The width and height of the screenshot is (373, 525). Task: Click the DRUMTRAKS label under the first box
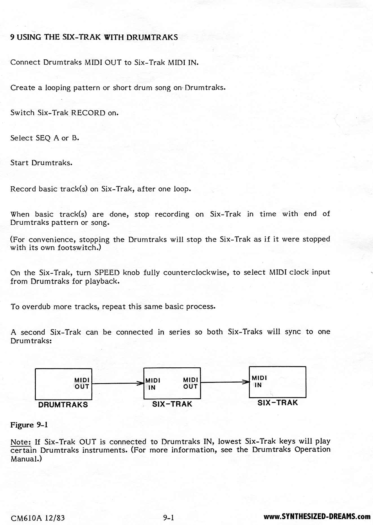click(63, 405)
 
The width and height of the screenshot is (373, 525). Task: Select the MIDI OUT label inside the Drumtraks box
click(82, 383)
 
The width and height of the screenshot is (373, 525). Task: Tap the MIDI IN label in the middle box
click(153, 384)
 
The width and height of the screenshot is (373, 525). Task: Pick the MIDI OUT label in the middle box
click(191, 383)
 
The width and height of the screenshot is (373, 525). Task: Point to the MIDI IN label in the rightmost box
click(259, 381)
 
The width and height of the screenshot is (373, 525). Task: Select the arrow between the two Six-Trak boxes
click(225, 382)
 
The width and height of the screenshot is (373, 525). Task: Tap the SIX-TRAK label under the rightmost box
click(277, 403)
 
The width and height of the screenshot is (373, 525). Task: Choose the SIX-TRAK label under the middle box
click(172, 404)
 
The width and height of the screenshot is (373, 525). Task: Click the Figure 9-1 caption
click(29, 425)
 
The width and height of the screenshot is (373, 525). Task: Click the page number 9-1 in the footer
click(168, 517)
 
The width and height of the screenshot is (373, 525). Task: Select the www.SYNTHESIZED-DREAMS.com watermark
click(317, 517)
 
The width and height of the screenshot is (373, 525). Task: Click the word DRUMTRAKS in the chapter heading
click(152, 37)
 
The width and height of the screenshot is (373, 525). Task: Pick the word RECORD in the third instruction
click(88, 113)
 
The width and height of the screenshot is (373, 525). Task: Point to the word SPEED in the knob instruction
click(107, 272)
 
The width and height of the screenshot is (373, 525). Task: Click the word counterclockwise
click(196, 272)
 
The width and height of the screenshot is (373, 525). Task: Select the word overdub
click(37, 307)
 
